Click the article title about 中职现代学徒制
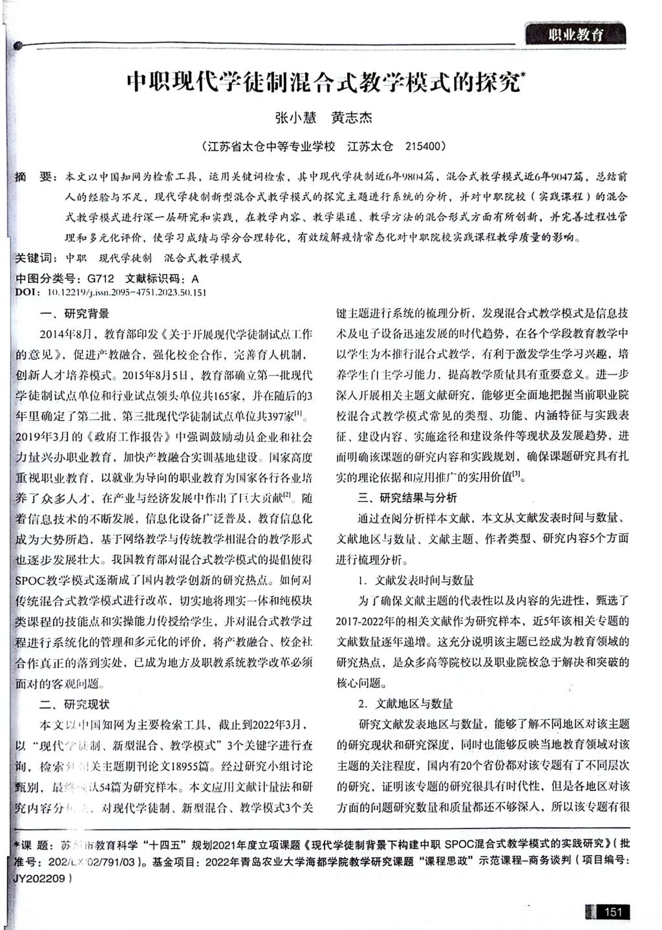323,83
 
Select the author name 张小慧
295,118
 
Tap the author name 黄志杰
352,118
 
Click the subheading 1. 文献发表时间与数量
416,580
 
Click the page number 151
612,912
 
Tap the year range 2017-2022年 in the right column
369,622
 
